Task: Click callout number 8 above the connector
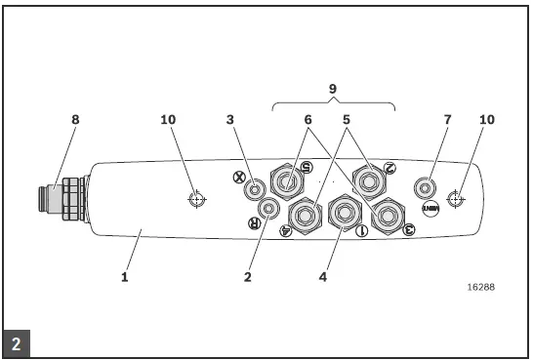(75, 120)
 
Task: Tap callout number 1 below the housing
(125, 277)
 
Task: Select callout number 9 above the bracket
(334, 87)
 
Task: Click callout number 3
(229, 120)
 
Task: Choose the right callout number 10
(487, 120)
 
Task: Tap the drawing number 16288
(482, 288)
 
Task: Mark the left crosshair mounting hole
(196, 200)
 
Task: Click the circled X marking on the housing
(239, 178)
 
